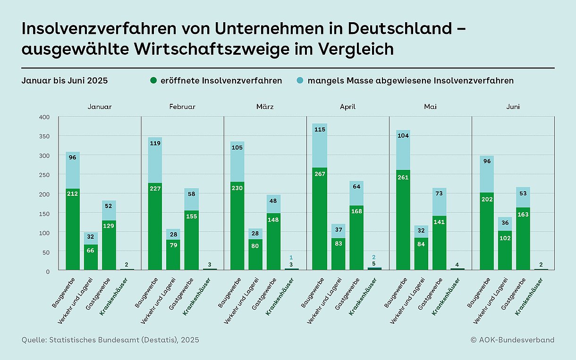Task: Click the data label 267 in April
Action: pos(320,174)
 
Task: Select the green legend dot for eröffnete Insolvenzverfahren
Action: pos(153,81)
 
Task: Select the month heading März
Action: pos(265,107)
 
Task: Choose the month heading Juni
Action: pos(513,107)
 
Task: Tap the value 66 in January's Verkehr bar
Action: pos(91,250)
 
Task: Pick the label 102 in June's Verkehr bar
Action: pos(504,238)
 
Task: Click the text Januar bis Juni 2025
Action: pos(65,81)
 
